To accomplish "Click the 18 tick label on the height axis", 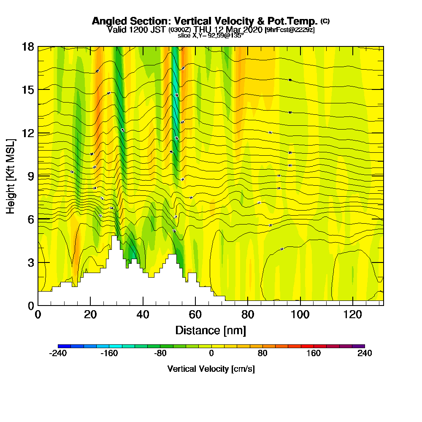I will [28, 46].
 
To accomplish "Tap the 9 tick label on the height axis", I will [30, 176].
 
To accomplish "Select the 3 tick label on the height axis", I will [30, 262].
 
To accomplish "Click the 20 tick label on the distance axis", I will [90, 314].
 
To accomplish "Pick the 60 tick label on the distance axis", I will [195, 314].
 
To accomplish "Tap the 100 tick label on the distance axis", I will [300, 314].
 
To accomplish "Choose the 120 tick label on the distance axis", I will [352, 314].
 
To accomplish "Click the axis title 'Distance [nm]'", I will [211, 330].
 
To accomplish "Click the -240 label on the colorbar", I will [58, 354].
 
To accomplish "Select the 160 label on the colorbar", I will [314, 354].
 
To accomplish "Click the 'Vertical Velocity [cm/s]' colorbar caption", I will [211, 369].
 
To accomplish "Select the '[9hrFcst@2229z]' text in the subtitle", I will [289, 30].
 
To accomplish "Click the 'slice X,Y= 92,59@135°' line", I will [211, 36].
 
